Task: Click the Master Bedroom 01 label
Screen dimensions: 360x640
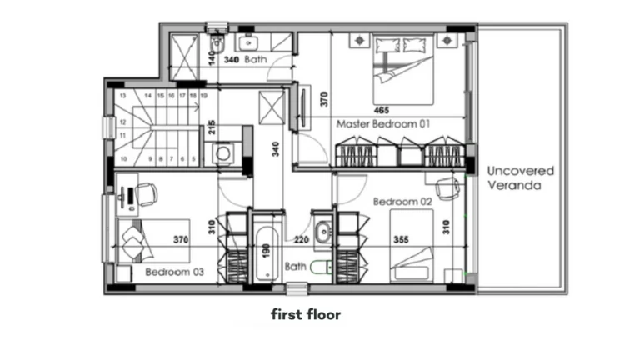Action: tap(382, 123)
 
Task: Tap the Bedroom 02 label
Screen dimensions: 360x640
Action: tap(402, 201)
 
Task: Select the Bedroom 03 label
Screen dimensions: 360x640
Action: tap(174, 272)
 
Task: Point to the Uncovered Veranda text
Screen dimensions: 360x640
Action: tap(520, 177)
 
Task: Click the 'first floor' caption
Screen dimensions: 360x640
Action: tap(306, 315)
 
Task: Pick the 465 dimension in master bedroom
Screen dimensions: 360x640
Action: tap(382, 109)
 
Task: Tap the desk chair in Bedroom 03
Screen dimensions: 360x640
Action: tap(147, 194)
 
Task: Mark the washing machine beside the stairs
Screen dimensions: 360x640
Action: tap(223, 153)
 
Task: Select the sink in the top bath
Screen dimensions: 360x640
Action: tap(248, 42)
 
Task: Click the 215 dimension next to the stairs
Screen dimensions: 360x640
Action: tap(212, 127)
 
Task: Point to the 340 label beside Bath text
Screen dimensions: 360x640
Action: tap(232, 60)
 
